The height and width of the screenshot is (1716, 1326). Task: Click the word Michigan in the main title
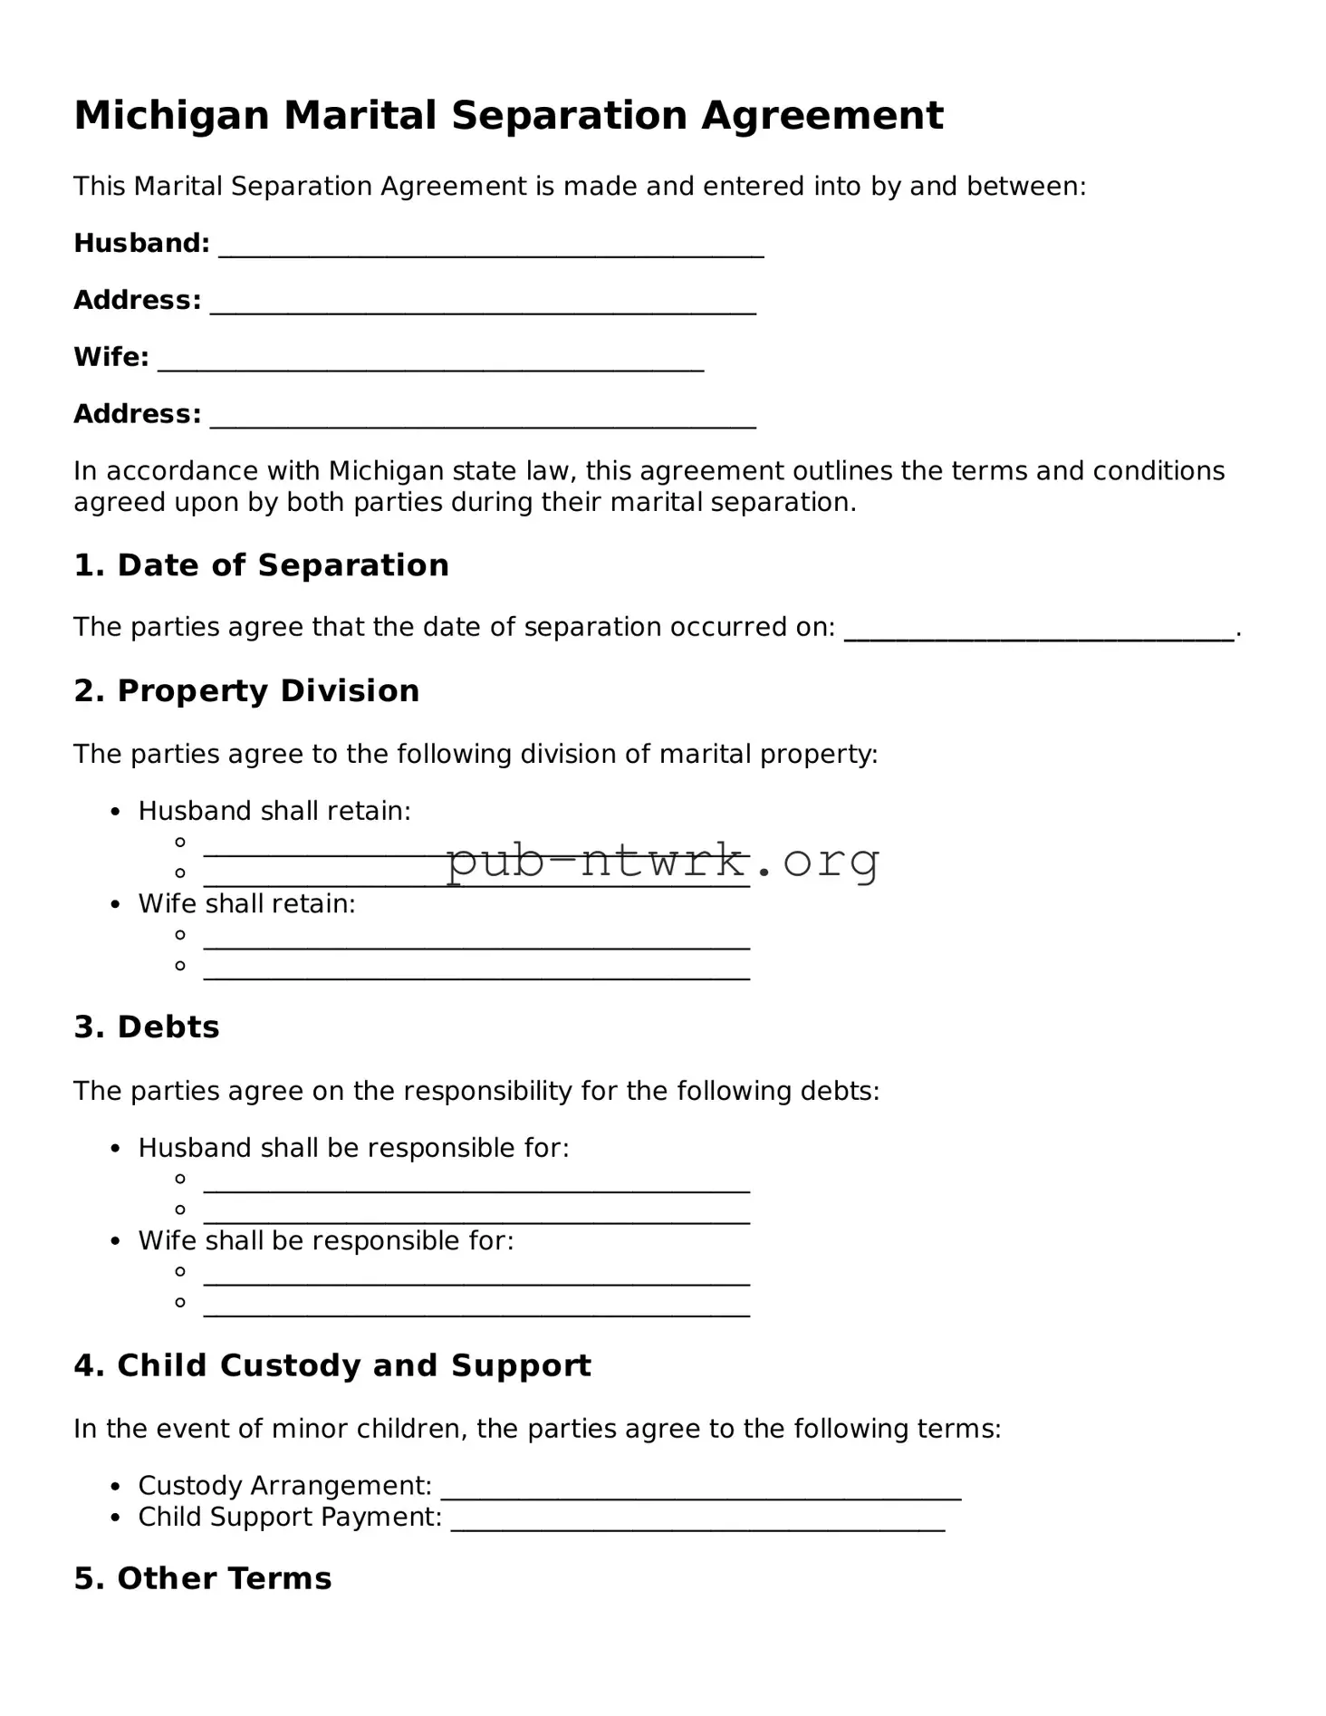(171, 116)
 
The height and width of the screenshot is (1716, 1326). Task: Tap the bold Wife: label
(110, 358)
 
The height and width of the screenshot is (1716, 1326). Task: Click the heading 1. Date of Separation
(261, 565)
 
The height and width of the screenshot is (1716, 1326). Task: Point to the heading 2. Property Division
(246, 691)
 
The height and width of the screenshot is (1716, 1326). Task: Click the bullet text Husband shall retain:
(274, 811)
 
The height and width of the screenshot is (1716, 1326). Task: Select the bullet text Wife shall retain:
(246, 903)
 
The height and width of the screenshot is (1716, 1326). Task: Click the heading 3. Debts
(147, 1027)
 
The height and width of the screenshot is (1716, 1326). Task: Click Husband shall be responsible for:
(353, 1148)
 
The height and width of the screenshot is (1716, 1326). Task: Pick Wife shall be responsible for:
(325, 1240)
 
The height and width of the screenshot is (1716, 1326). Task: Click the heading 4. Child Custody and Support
(331, 1365)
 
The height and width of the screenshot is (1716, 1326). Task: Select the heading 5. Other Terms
(203, 1578)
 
